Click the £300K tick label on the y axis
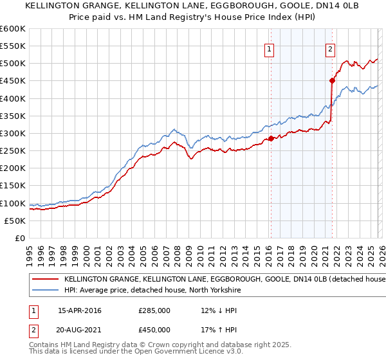(x=12, y=133)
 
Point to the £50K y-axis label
(x=14, y=221)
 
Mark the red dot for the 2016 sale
(x=271, y=138)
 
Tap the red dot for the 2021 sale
(x=332, y=81)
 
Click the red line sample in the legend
(x=44, y=279)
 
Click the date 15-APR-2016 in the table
(x=79, y=310)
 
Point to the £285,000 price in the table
(x=154, y=310)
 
